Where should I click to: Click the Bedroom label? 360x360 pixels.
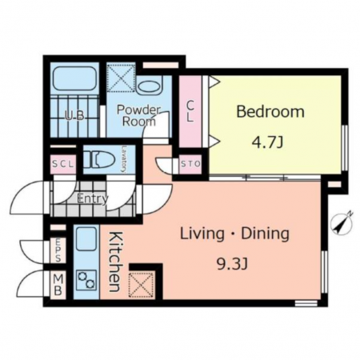tap(270, 112)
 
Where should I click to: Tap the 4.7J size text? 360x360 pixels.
tap(267, 142)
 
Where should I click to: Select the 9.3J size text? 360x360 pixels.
tap(232, 264)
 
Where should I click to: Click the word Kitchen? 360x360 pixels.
tap(116, 262)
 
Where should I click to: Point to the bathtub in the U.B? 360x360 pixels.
tap(74, 78)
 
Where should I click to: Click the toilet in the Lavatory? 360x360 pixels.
tap(99, 160)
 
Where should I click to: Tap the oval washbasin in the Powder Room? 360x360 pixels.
tap(149, 86)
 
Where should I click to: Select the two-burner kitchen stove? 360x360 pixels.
tap(86, 280)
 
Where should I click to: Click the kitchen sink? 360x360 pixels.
tap(86, 239)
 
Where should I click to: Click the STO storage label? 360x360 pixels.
tap(190, 164)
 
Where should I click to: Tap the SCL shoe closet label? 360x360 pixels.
tap(62, 164)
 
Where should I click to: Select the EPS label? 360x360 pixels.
tap(58, 250)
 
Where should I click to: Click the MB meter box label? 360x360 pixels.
tap(58, 285)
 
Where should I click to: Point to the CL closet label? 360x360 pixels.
tap(190, 111)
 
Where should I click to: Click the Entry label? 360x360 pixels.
tap(93, 198)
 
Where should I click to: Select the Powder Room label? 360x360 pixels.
tap(138, 115)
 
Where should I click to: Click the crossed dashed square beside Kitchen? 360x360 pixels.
tap(142, 285)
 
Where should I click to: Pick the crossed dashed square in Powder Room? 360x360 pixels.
tap(121, 78)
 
